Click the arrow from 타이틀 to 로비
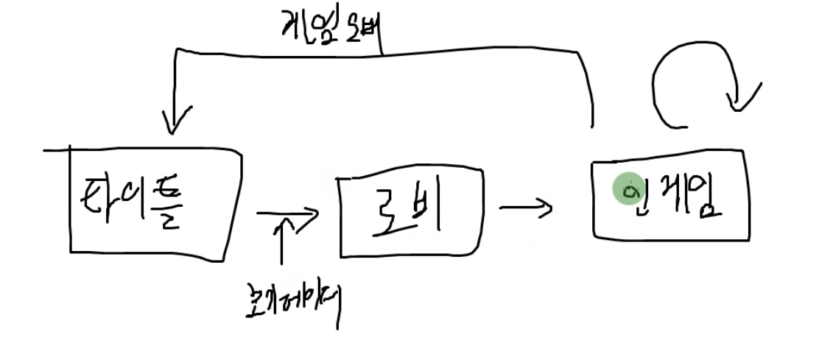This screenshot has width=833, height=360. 287,213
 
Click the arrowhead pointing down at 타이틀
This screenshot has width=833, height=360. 171,121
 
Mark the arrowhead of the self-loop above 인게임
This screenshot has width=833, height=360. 740,99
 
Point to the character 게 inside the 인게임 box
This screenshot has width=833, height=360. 667,195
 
